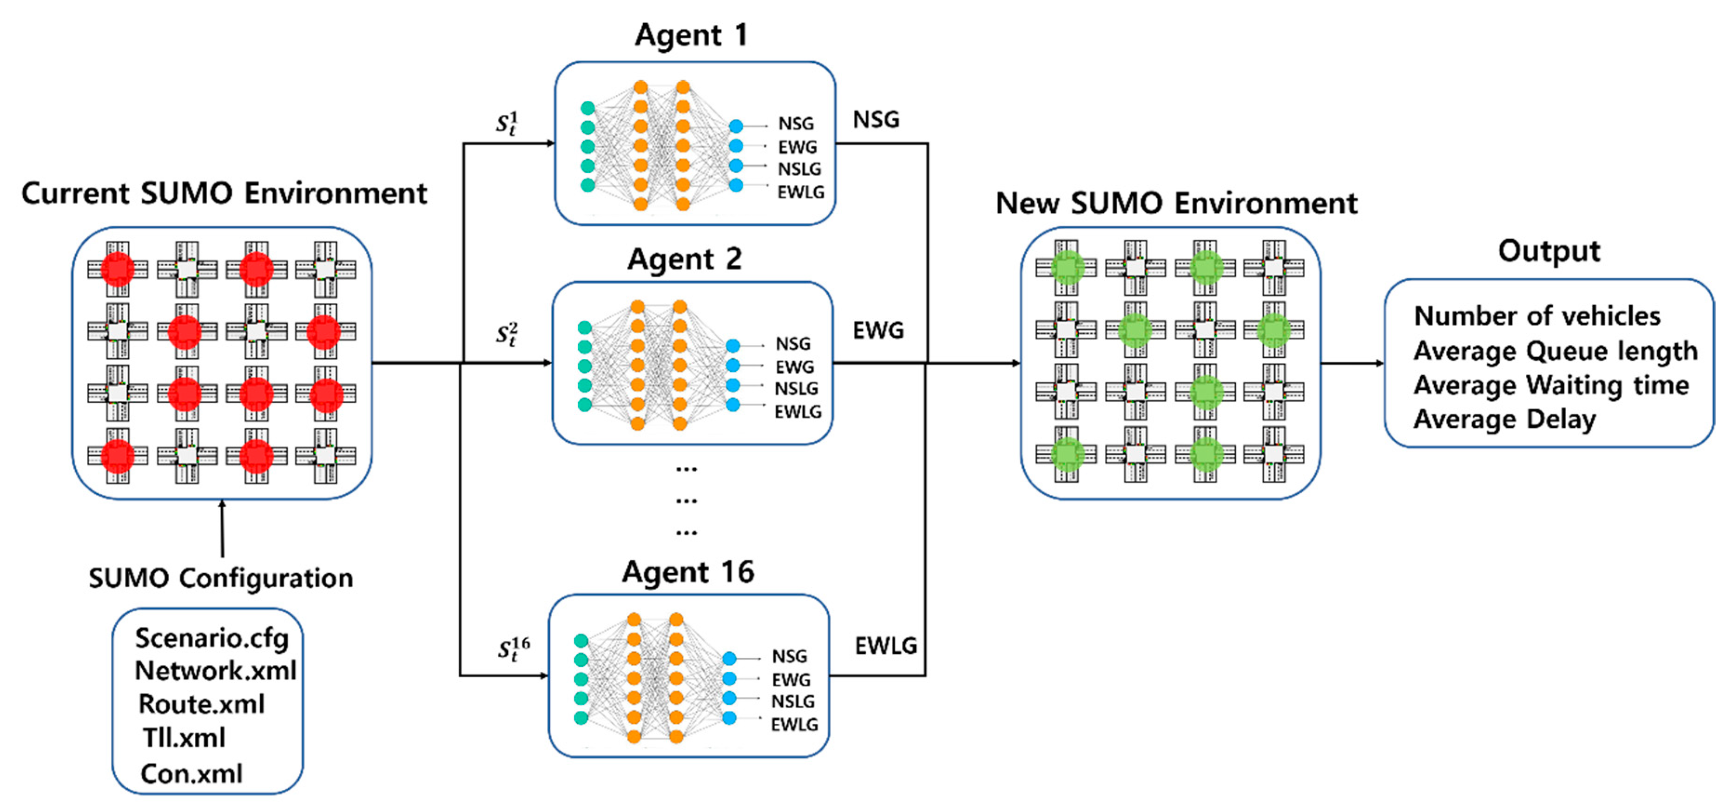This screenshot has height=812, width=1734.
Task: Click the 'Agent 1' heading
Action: [x=691, y=35]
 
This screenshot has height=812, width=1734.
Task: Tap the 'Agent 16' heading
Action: [x=687, y=572]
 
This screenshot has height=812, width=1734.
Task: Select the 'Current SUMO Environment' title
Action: [x=224, y=194]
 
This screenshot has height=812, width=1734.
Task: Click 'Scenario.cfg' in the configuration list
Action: [x=211, y=638]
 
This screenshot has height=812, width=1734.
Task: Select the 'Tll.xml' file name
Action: [x=183, y=738]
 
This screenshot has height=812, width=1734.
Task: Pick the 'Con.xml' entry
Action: [x=191, y=773]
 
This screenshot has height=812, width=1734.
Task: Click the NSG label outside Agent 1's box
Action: [x=876, y=120]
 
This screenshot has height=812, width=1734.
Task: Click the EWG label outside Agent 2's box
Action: [x=878, y=330]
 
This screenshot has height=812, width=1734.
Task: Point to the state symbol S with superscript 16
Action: [x=513, y=650]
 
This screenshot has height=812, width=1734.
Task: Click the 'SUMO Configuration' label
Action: [x=221, y=578]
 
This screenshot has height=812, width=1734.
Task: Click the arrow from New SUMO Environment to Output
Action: [x=1352, y=363]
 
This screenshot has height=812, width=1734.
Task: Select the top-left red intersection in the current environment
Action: [x=118, y=269]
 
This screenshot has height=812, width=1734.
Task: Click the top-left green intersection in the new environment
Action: [x=1066, y=268]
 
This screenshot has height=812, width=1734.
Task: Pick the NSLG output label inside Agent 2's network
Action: [x=796, y=389]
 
